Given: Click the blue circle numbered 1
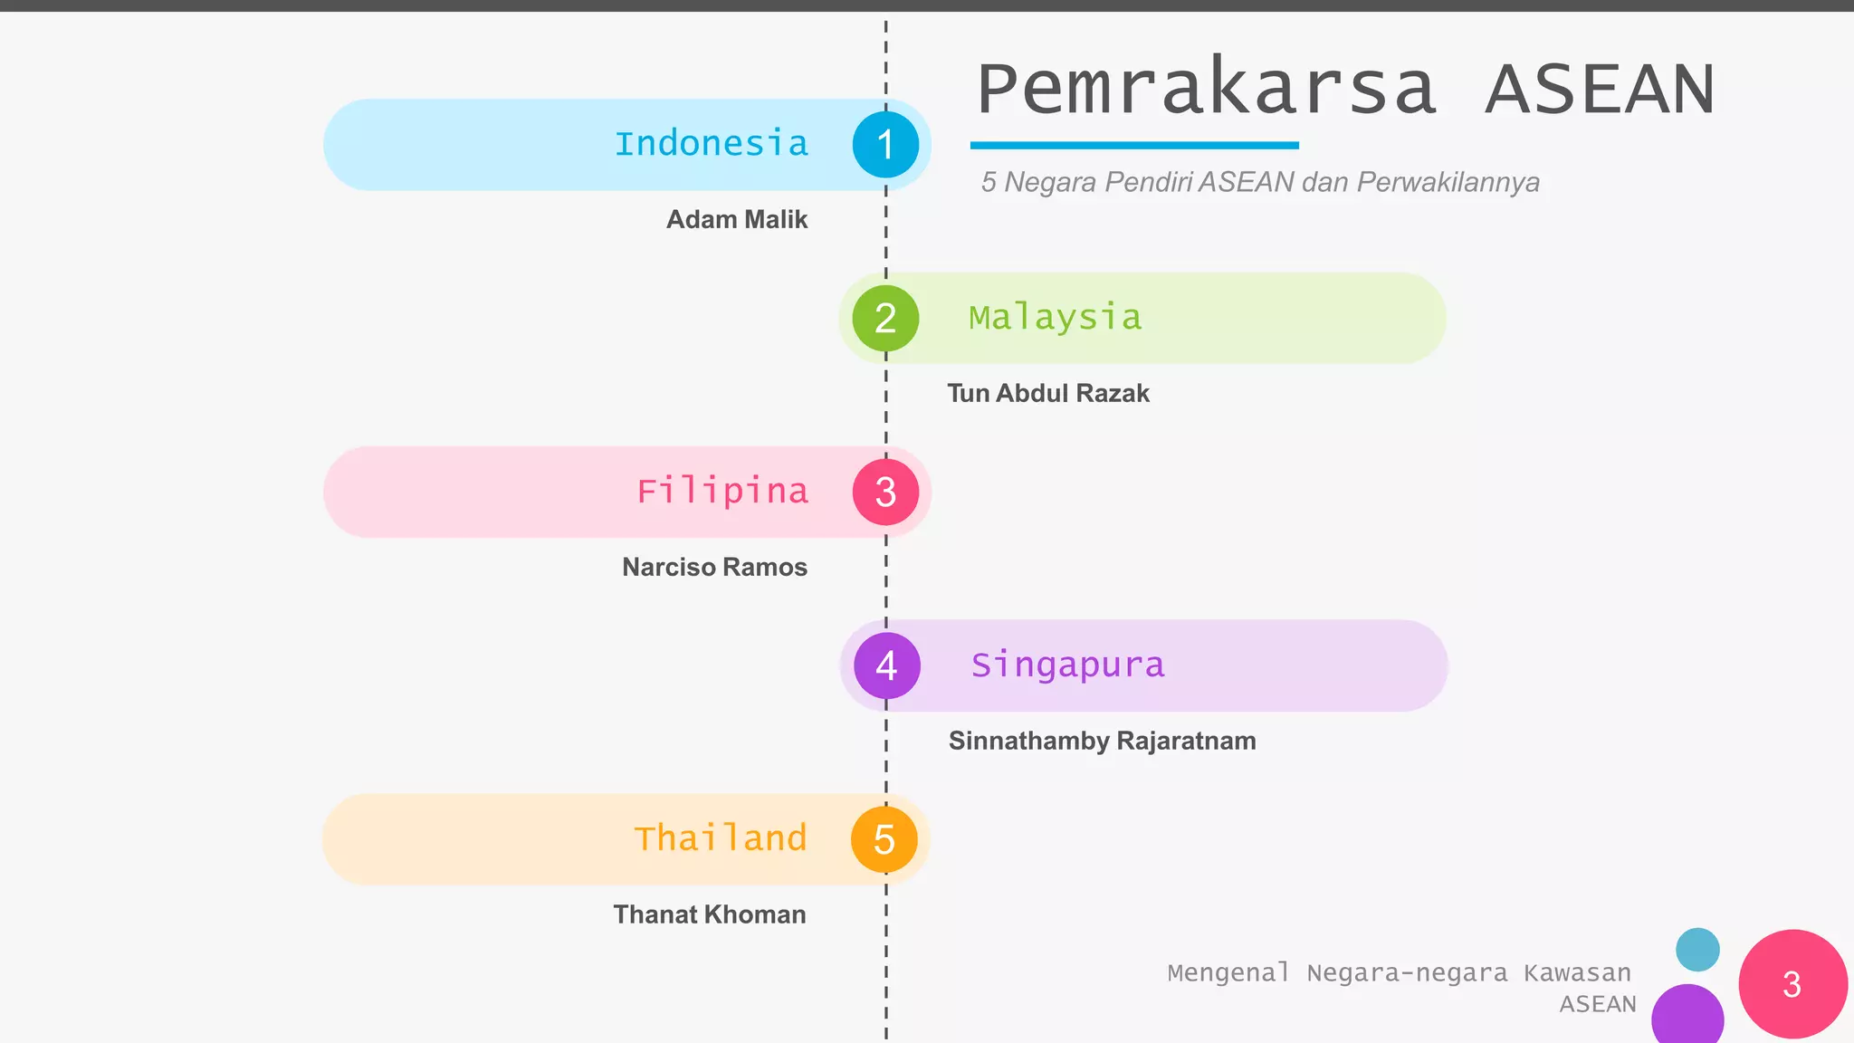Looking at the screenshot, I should click(885, 145).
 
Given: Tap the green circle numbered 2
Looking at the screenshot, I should click(885, 319).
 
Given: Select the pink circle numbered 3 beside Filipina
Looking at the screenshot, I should click(885, 492).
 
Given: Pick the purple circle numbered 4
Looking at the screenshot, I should click(886, 665).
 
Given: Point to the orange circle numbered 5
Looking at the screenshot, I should click(884, 839).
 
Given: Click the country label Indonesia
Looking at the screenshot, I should click(711, 144).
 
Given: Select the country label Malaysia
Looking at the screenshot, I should click(1055, 318).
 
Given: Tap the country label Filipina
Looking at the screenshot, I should click(722, 492).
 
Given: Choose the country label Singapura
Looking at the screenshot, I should click(1067, 665).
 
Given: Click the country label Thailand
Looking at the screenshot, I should click(720, 838).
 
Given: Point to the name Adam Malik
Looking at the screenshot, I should click(737, 219).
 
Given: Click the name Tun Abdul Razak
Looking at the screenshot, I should click(1048, 393).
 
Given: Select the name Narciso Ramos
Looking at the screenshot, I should click(714, 567).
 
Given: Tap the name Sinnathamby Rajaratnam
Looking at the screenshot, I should click(1102, 741).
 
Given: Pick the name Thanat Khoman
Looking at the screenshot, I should click(710, 914).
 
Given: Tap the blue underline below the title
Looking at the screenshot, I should click(1134, 145).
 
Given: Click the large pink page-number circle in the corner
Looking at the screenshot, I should click(1792, 984).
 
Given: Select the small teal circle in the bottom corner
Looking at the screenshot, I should click(1697, 950).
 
